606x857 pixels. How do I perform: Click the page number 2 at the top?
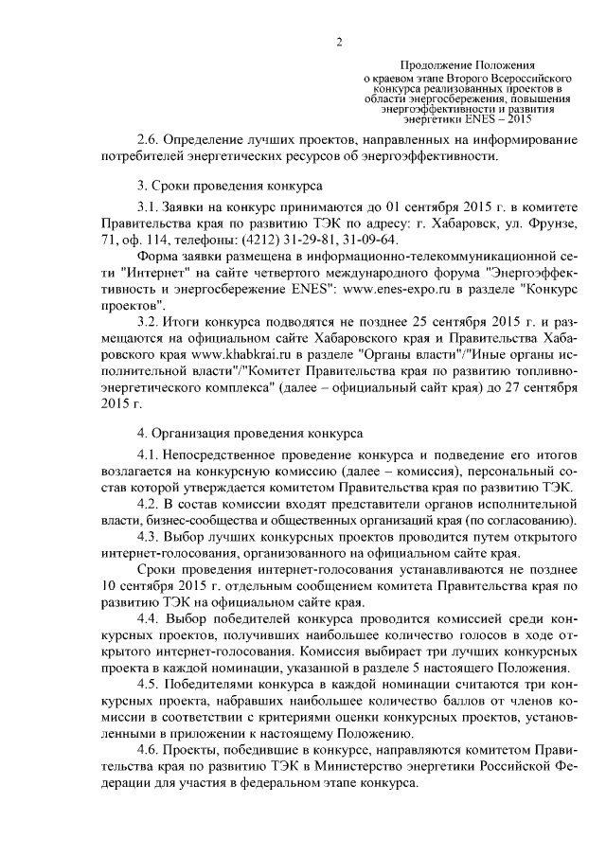pos(337,41)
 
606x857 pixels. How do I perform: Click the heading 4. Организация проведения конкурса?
pos(250,435)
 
